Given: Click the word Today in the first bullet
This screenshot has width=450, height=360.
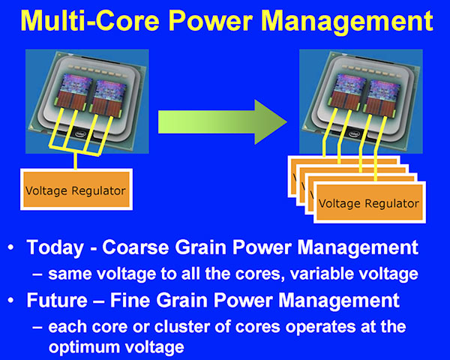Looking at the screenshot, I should click(53, 248).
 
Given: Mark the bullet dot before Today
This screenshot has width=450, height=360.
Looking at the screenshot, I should click(13, 248).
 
